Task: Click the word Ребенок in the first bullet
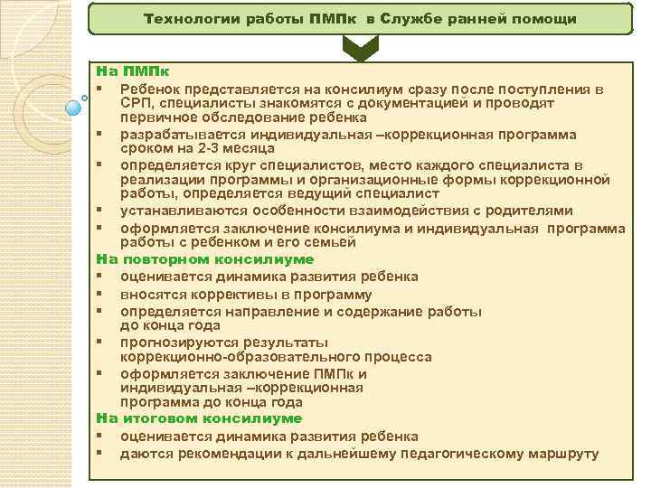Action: point(148,89)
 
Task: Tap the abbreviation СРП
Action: point(137,103)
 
